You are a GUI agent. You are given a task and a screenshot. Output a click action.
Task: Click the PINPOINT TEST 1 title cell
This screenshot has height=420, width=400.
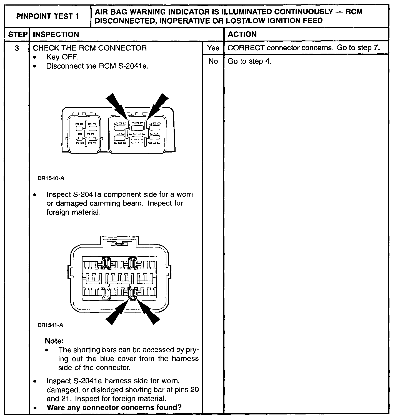(x=47, y=16)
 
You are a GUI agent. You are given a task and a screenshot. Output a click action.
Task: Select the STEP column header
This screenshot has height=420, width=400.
(x=17, y=34)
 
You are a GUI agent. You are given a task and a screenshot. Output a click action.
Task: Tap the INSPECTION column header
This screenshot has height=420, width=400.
(x=56, y=34)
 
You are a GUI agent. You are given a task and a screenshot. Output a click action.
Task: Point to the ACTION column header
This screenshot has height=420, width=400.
(x=242, y=34)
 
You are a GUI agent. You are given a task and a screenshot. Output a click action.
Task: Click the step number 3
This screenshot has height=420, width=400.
(x=17, y=48)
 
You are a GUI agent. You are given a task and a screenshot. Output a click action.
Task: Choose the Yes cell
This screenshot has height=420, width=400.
(x=213, y=48)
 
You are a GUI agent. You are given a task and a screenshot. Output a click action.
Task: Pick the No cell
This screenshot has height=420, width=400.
(x=213, y=61)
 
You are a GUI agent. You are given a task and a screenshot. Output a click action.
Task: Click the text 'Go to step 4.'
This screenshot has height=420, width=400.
(x=249, y=61)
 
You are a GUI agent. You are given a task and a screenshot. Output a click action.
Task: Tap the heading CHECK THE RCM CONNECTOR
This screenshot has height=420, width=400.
(x=90, y=48)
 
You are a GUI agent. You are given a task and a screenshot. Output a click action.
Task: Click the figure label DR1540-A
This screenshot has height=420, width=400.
(x=51, y=178)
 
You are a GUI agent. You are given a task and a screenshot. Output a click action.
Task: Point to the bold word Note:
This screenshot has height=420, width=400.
(x=54, y=341)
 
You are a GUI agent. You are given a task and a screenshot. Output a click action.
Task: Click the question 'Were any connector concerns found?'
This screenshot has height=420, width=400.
(x=114, y=407)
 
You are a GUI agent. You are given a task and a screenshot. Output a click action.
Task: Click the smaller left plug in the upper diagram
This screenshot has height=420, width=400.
(x=84, y=134)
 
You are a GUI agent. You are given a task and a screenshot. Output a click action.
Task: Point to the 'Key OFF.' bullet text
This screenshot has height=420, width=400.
(x=62, y=57)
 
